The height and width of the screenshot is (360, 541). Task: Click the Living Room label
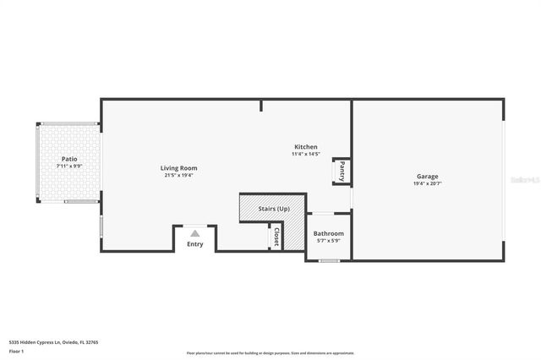tap(178, 168)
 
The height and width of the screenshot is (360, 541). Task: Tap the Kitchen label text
tap(305, 147)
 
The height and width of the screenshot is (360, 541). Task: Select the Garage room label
tap(427, 176)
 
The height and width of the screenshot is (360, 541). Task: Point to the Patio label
tap(69, 159)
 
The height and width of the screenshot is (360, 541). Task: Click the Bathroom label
tap(328, 233)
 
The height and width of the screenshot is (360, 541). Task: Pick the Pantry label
tap(342, 172)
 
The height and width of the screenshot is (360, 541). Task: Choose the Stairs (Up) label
tap(274, 208)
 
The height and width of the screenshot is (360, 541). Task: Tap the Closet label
tap(276, 237)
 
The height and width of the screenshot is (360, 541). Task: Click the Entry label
tap(195, 244)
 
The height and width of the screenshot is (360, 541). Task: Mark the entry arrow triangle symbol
tap(195, 232)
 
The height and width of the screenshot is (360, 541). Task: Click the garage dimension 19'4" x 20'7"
tap(427, 183)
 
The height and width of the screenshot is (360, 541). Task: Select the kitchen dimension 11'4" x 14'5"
tap(305, 154)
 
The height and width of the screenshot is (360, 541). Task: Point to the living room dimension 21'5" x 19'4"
tap(178, 176)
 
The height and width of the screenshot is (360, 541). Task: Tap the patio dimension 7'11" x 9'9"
tap(69, 166)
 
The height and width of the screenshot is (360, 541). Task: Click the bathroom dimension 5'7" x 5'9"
tap(328, 241)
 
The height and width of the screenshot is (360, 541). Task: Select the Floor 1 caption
tap(16, 351)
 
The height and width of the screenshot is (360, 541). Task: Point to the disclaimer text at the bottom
tap(270, 352)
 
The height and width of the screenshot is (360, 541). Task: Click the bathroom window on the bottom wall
tap(329, 261)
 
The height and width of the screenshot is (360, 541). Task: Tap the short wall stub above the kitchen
tap(261, 106)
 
